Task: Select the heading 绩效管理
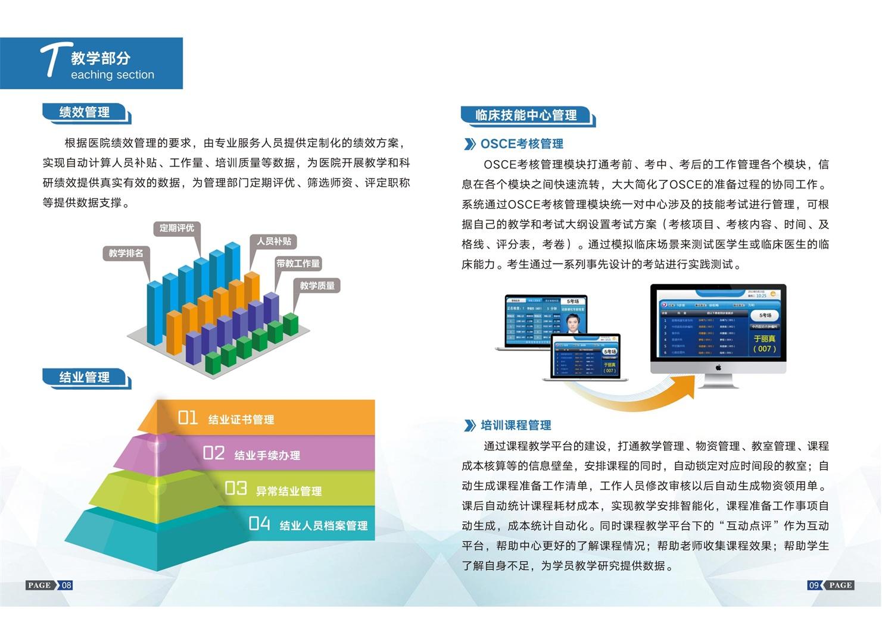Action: (85, 112)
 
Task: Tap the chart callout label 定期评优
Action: (177, 228)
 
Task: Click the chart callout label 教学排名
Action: (126, 253)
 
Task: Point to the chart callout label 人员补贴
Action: (274, 241)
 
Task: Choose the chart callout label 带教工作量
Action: (298, 263)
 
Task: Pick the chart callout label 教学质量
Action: (317, 286)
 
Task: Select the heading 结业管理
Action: (85, 377)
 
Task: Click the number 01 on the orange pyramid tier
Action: (188, 418)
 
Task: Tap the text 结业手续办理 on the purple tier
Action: (267, 455)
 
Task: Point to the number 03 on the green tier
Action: (236, 489)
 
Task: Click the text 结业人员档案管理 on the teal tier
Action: (323, 525)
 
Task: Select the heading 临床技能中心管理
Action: (526, 115)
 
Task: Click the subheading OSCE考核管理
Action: (522, 144)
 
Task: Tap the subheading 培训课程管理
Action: (516, 425)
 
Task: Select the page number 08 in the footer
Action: (67, 585)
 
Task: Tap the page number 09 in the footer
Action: (814, 585)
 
